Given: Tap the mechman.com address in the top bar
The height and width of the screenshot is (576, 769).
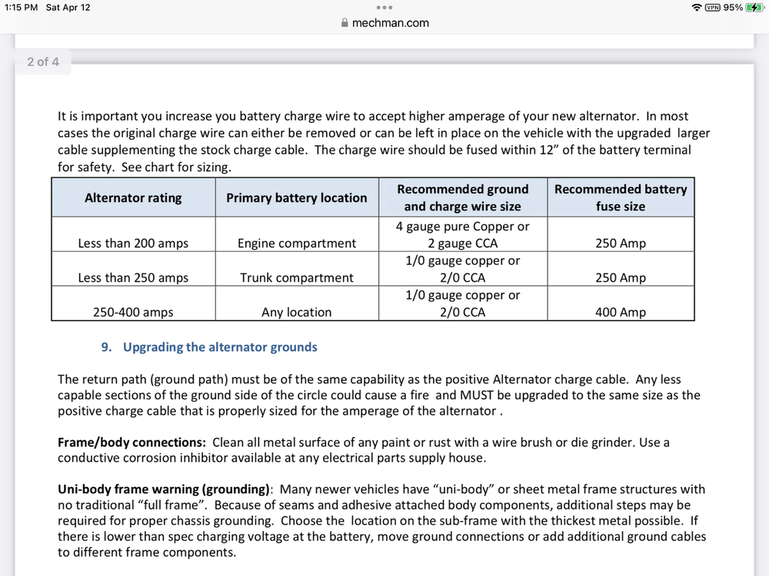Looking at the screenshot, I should tap(390, 23).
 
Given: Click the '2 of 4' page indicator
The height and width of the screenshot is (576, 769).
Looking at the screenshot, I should tap(43, 61).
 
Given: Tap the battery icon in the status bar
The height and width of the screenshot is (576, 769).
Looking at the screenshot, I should tap(754, 8).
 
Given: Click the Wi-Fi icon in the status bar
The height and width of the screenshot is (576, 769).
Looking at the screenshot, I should tap(697, 8).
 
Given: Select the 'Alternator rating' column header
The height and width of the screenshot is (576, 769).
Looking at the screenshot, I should tap(133, 197).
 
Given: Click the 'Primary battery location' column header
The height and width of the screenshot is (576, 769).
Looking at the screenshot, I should tap(296, 197).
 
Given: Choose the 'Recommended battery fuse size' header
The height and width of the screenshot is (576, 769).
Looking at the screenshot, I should tap(621, 197).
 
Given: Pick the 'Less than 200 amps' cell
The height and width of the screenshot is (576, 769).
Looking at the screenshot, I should tap(133, 243).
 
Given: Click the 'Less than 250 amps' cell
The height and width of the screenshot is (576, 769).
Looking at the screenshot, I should tap(133, 278).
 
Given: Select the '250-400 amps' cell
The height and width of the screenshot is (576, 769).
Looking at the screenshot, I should tap(133, 313).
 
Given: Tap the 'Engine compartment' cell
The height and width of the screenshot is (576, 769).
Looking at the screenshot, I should tap(296, 243).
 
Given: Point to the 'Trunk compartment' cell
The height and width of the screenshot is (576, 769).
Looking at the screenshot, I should tap(296, 278).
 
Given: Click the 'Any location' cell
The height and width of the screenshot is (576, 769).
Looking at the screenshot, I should tap(296, 313).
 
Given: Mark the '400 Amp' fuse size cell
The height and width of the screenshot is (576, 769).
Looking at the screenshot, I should tap(621, 313).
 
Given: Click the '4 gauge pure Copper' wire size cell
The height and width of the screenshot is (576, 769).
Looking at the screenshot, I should tap(462, 235).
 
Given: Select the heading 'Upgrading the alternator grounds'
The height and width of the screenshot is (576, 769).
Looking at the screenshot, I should tap(220, 347).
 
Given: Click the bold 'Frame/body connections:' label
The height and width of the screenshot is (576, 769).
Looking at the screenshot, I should tap(131, 442).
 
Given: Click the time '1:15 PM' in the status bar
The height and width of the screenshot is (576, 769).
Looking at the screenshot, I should tap(21, 8).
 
